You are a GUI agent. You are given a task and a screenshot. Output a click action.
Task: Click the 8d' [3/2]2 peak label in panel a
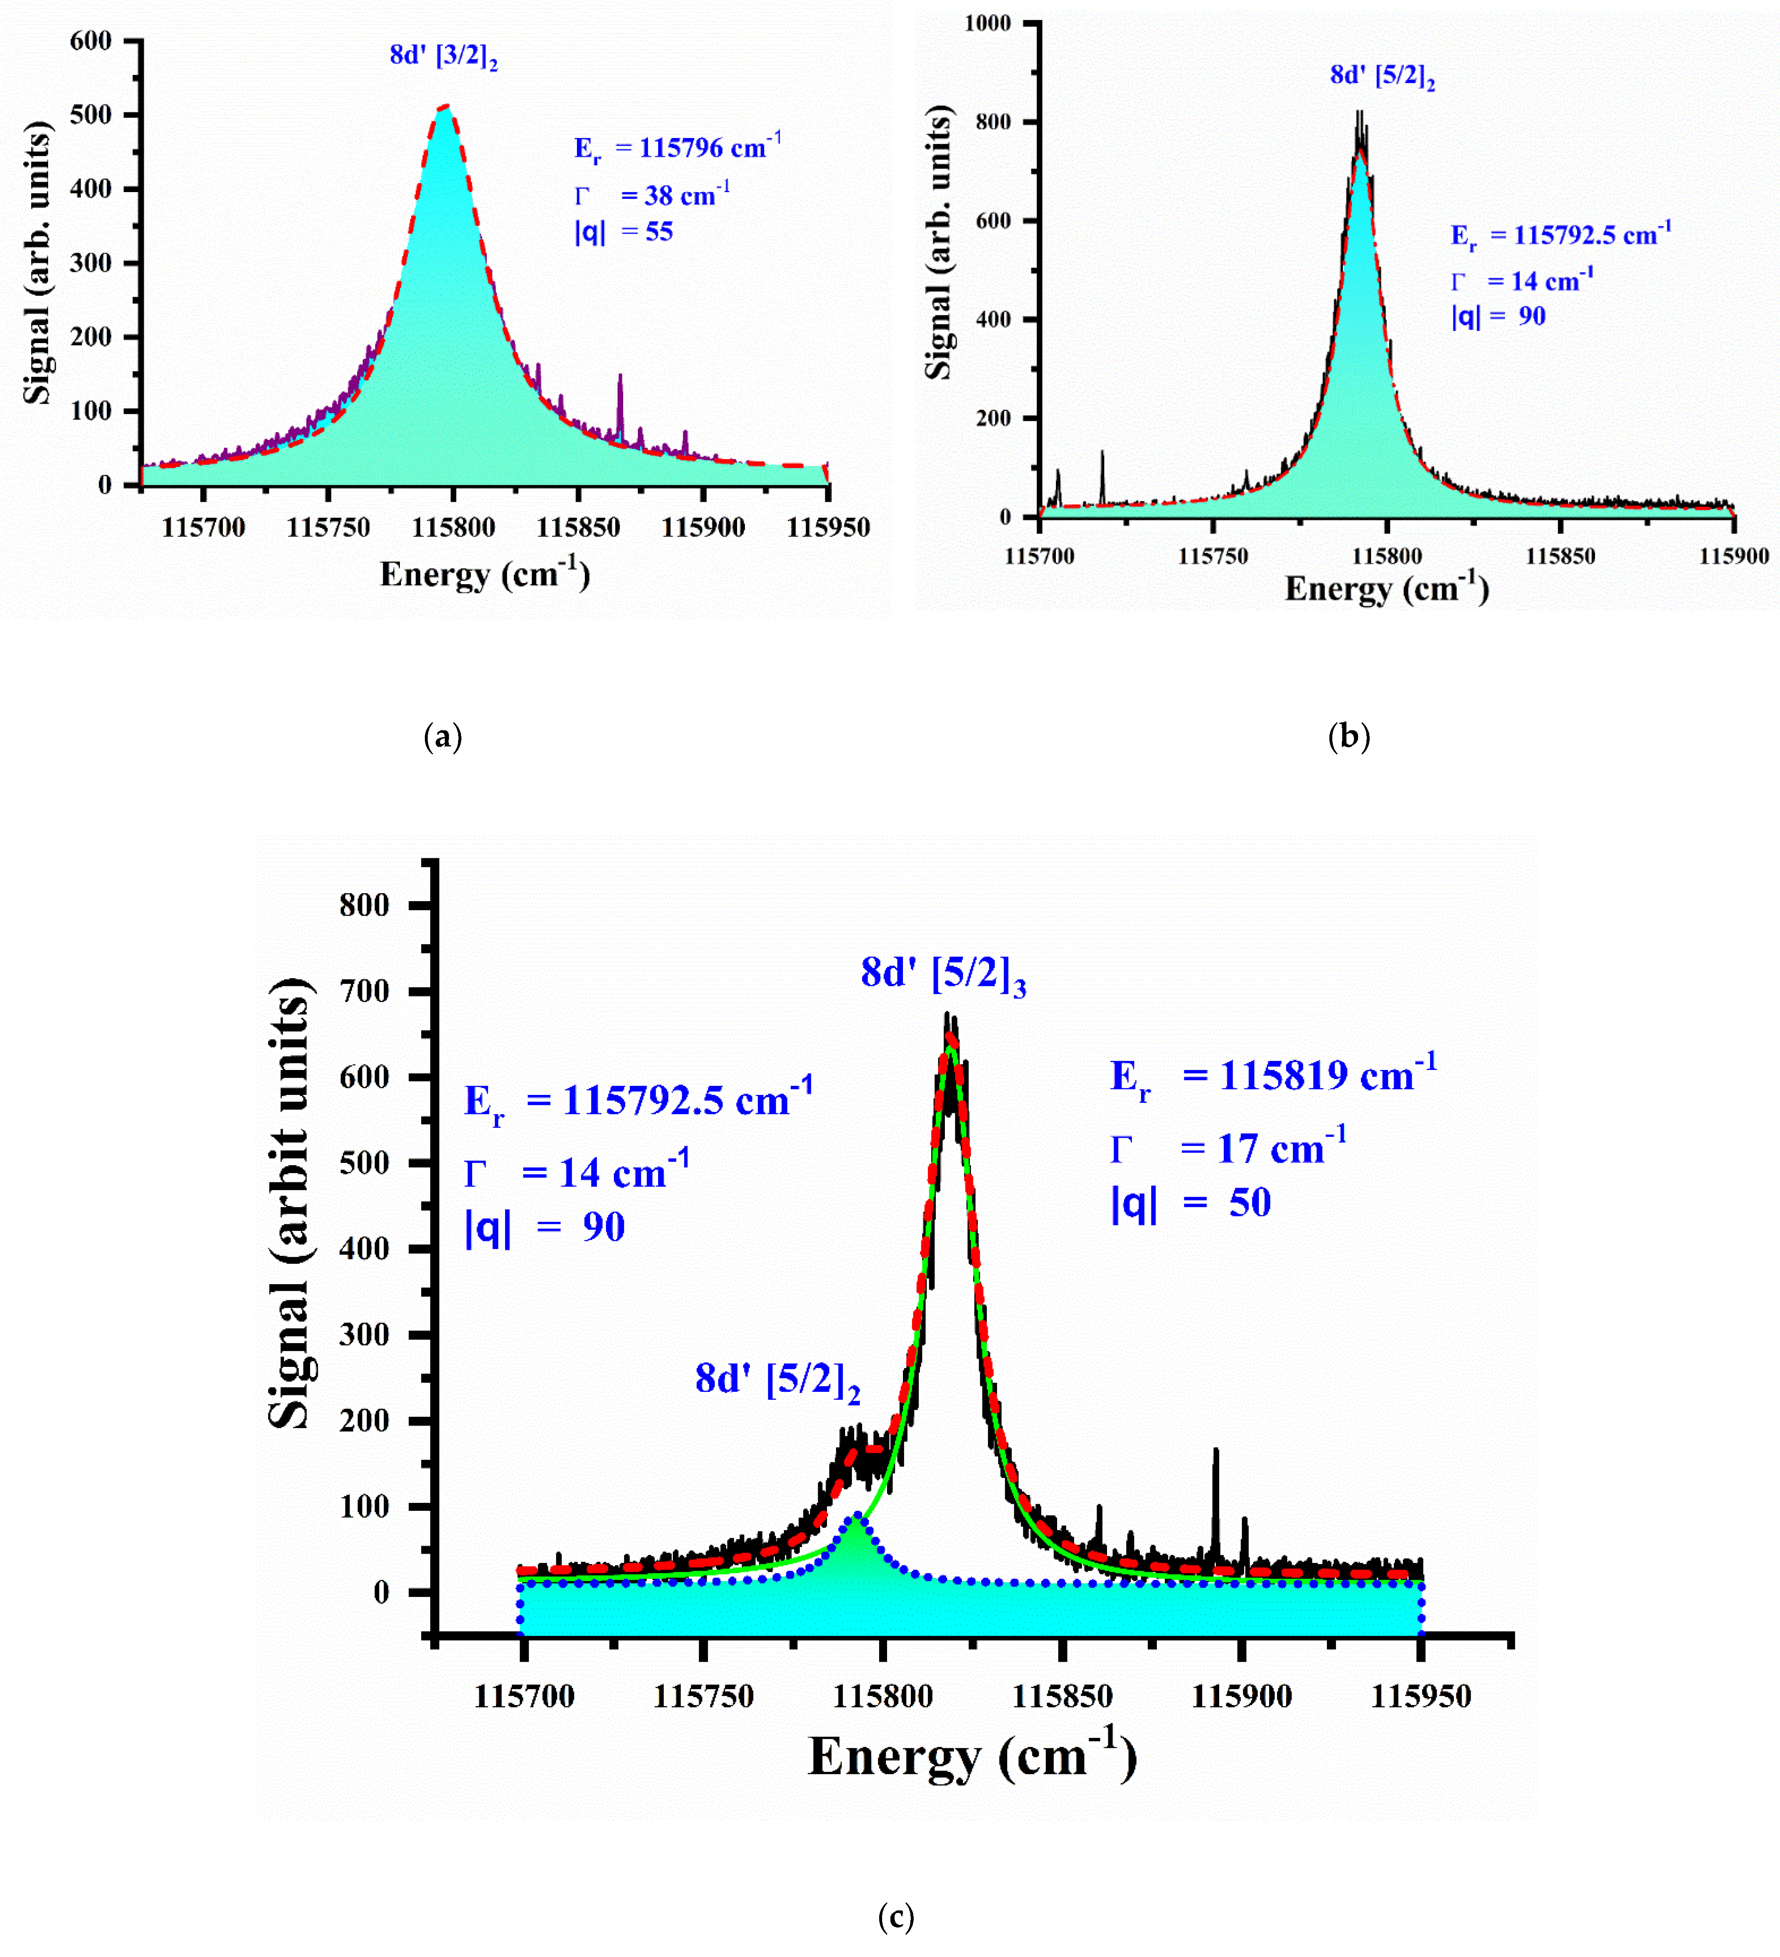(x=444, y=56)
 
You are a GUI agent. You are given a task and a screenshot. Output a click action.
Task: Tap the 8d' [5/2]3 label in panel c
(x=942, y=974)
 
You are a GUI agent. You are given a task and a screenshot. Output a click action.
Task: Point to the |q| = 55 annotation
(x=623, y=232)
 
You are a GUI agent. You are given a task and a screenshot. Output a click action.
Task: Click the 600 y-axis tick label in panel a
(x=91, y=41)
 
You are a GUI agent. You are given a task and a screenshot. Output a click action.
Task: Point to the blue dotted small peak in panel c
(x=856, y=1515)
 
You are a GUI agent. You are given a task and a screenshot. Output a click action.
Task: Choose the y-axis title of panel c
(x=289, y=1204)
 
